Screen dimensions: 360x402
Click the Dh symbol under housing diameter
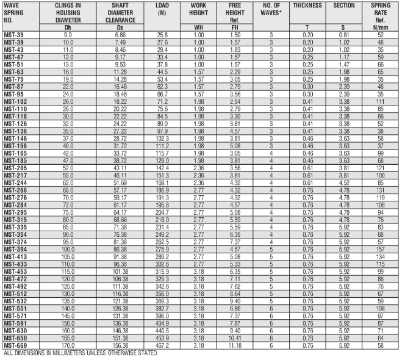(68, 28)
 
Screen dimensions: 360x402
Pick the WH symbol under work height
(198, 28)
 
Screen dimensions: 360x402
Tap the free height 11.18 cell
(235, 345)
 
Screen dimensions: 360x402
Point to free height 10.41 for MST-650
(235, 339)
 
